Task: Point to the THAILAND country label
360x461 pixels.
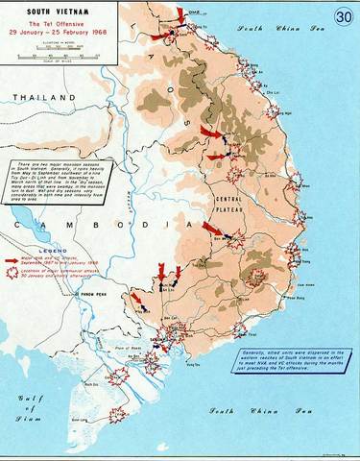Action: [36, 99]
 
